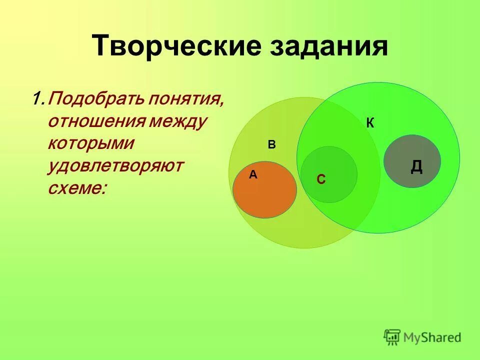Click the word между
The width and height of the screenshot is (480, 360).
[x=178, y=121]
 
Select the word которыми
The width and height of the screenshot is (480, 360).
[x=91, y=143]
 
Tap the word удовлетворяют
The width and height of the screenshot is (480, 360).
[x=116, y=165]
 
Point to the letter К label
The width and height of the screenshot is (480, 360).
[x=370, y=123]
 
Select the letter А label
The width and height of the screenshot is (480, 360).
[x=253, y=174]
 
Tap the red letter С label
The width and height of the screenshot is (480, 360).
[x=321, y=179]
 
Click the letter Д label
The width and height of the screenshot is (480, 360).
[x=416, y=166]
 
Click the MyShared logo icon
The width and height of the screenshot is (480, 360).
[x=392, y=337]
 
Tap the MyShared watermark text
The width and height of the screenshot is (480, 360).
[x=433, y=338]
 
